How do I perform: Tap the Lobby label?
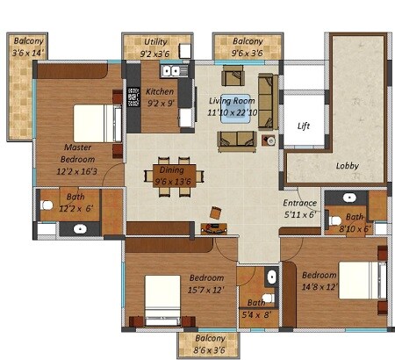[348, 165]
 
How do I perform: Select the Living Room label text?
[233, 100]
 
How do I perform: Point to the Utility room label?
[156, 41]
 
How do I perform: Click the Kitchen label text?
[160, 91]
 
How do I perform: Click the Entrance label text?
[298, 203]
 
